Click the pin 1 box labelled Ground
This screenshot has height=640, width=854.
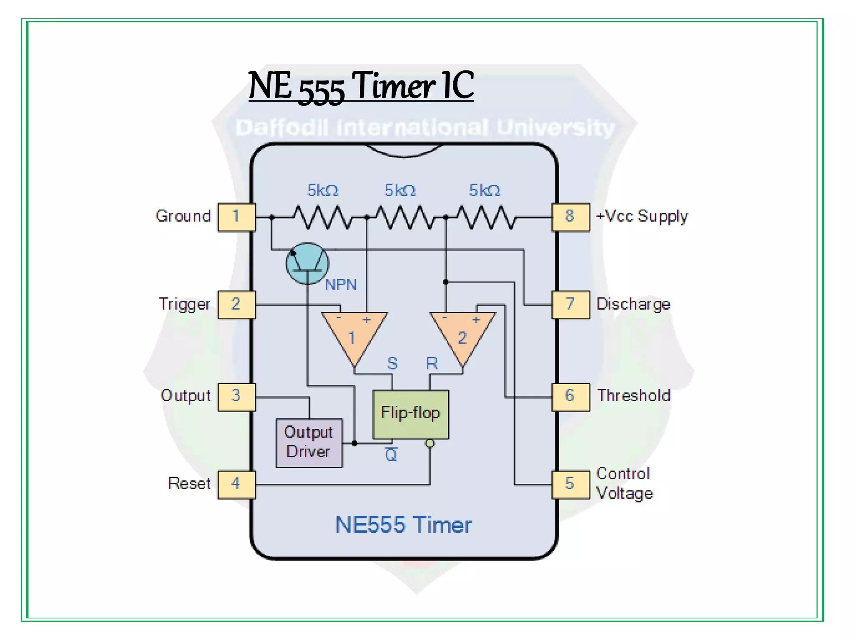pos(236,217)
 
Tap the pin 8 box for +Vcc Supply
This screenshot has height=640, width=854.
pos(570,217)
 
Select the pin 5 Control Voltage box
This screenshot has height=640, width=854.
pos(570,485)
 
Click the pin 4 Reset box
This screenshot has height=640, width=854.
pos(236,485)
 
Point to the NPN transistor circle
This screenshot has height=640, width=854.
pos(307,263)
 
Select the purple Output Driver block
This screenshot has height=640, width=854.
pos(309,443)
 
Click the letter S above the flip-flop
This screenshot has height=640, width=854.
pos(392,364)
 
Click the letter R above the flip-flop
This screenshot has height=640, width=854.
pos(432,364)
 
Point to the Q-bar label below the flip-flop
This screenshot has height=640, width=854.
pos(391,455)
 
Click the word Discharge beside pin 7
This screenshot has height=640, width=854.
pos(633,304)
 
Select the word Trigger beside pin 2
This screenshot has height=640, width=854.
pos(184,304)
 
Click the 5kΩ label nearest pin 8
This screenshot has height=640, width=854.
pos(485,190)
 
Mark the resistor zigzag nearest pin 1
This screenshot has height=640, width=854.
pos(322,217)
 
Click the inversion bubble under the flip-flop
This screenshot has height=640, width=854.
pos(430,443)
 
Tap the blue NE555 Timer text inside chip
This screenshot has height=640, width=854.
pos(403,525)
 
